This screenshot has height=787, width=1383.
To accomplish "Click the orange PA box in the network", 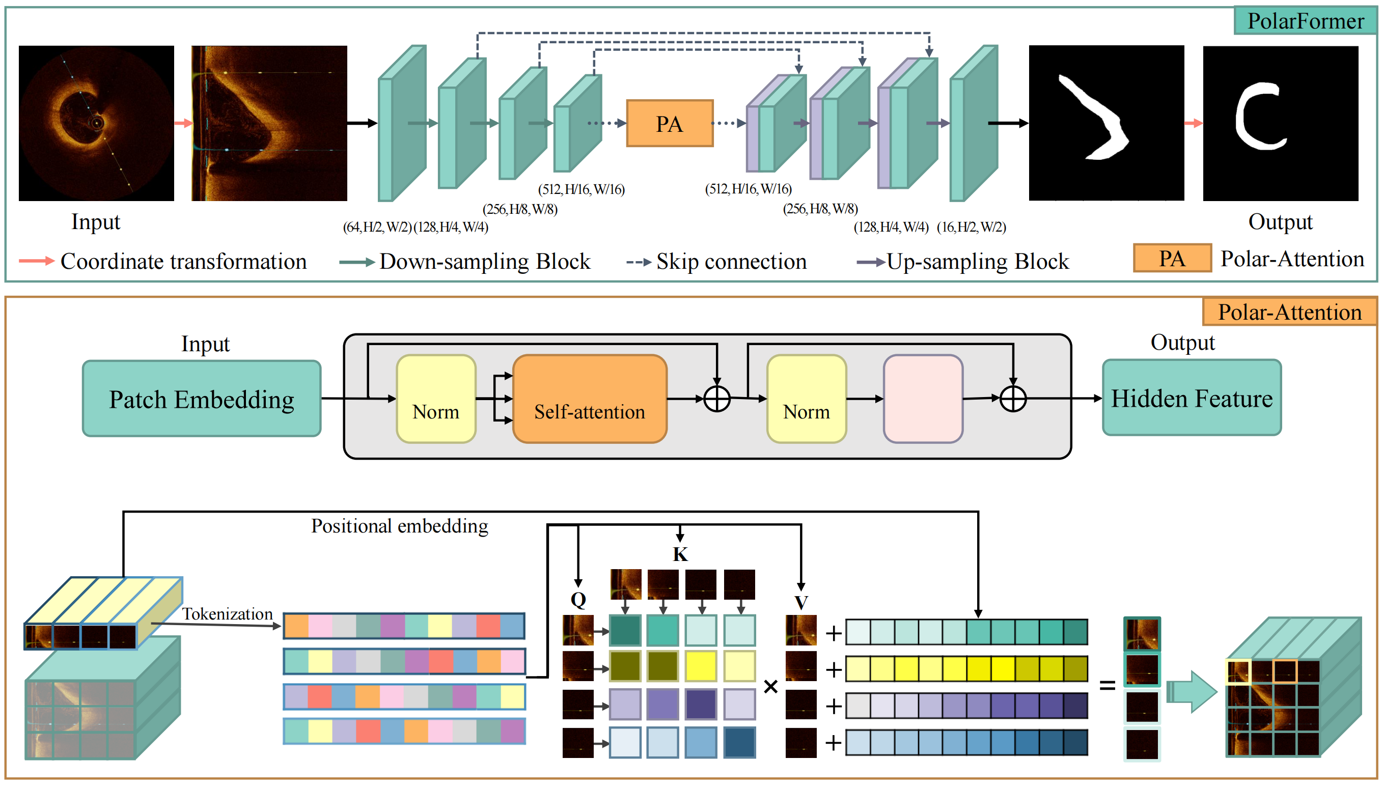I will (669, 123).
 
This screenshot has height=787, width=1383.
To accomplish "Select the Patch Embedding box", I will (201, 399).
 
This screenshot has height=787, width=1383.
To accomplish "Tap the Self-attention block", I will (589, 399).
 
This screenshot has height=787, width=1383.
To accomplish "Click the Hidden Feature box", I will (1191, 398).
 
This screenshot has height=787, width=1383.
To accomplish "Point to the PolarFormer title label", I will (1305, 21).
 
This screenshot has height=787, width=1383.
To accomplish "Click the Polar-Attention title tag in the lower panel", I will (1289, 312).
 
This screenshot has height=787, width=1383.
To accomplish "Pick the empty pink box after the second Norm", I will (922, 399).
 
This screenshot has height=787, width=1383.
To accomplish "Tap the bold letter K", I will (680, 554).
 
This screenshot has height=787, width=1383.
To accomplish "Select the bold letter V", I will (800, 602).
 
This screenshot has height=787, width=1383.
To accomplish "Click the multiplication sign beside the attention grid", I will (770, 687).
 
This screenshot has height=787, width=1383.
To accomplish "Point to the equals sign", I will (1107, 685).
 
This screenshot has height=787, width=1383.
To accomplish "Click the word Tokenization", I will (227, 613).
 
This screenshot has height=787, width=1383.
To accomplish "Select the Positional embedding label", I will (399, 526).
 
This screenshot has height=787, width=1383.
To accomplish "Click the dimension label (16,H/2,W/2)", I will (971, 227).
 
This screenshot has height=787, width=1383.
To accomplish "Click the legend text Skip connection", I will (731, 262).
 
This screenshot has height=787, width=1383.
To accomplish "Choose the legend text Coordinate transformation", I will (183, 262).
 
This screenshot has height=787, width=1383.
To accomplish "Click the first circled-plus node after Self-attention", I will (717, 400).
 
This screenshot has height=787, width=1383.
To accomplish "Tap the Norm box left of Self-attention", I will (436, 399).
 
